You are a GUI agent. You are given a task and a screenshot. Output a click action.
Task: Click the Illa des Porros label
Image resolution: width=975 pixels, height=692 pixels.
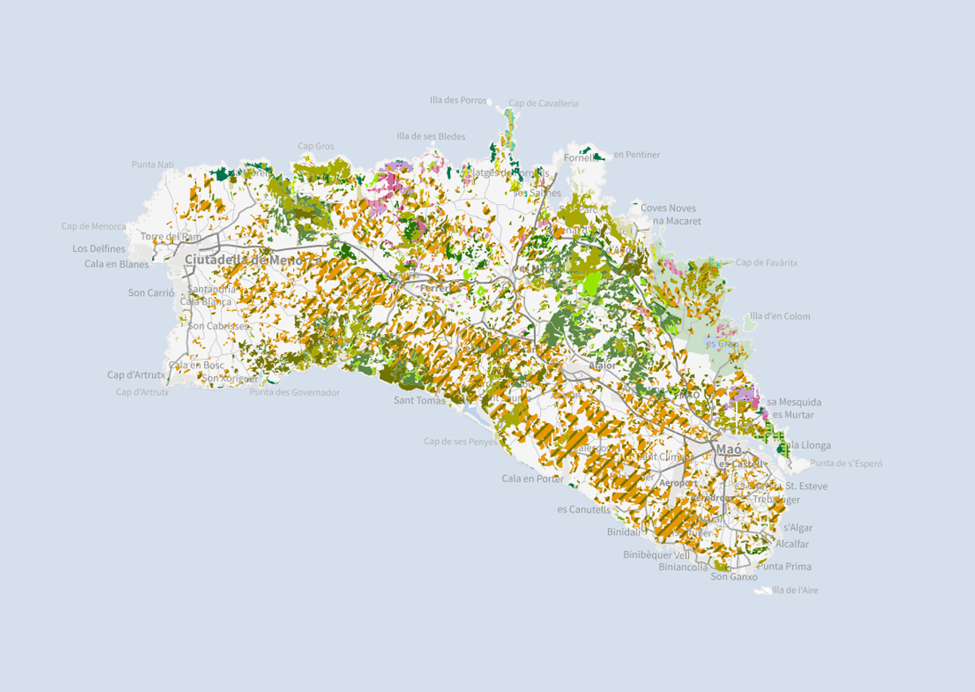point(457,100)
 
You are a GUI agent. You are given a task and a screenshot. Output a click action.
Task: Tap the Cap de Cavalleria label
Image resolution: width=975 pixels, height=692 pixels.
point(543,104)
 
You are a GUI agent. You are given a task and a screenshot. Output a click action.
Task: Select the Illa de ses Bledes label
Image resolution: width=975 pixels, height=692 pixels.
point(431,136)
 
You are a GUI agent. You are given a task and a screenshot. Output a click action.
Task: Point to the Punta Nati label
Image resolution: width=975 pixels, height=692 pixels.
point(152,164)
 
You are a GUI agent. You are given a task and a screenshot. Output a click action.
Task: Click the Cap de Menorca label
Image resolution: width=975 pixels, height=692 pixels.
point(93,226)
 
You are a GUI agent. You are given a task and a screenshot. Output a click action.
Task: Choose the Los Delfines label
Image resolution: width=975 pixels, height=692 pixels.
point(99,249)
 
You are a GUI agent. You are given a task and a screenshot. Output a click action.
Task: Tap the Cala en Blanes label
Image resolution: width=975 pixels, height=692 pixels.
point(116,264)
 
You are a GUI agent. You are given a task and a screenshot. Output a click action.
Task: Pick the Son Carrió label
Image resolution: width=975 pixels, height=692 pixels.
point(151,293)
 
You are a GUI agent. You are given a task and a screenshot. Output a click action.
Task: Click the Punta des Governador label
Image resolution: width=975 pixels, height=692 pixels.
point(294,392)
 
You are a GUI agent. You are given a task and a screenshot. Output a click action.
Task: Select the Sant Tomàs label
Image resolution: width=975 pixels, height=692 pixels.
point(420,401)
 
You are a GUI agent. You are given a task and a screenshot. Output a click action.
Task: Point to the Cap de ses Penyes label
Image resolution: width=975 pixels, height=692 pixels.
point(460,441)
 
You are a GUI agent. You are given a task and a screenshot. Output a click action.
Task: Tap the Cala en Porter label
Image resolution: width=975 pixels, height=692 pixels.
point(532,479)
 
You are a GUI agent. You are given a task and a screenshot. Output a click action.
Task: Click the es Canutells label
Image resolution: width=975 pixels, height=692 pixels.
point(583,509)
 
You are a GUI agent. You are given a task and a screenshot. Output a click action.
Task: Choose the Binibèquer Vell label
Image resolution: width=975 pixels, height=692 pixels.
point(656,555)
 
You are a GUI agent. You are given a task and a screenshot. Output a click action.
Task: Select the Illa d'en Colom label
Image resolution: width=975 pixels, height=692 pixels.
point(780,317)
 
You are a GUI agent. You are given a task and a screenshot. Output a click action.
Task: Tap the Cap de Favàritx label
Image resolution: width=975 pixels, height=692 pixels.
point(766,262)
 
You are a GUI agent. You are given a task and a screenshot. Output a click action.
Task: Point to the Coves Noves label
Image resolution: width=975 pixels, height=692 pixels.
point(668,208)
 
